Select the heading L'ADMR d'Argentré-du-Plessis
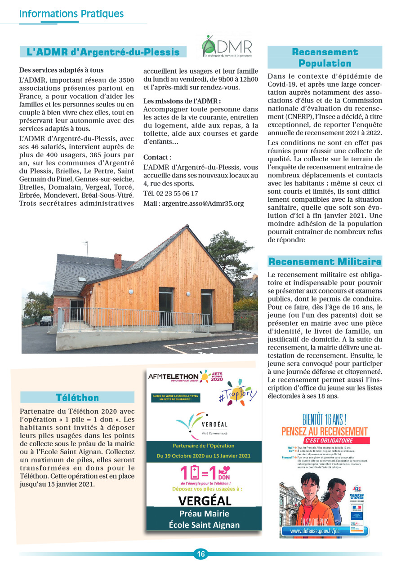click(x=103, y=52)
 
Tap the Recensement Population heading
click(x=325, y=58)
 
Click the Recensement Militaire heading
click(x=325, y=261)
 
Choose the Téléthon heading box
click(x=77, y=397)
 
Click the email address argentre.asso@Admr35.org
click(x=193, y=204)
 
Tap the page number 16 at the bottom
click(x=200, y=554)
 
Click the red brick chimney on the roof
click(x=117, y=261)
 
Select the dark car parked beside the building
click(x=46, y=320)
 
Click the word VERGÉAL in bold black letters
click(x=205, y=501)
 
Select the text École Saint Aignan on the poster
click(x=204, y=525)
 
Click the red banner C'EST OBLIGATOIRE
click(x=329, y=440)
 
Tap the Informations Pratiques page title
click(x=71, y=14)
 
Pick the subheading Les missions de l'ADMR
click(x=182, y=101)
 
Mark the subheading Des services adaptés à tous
click(x=62, y=70)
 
